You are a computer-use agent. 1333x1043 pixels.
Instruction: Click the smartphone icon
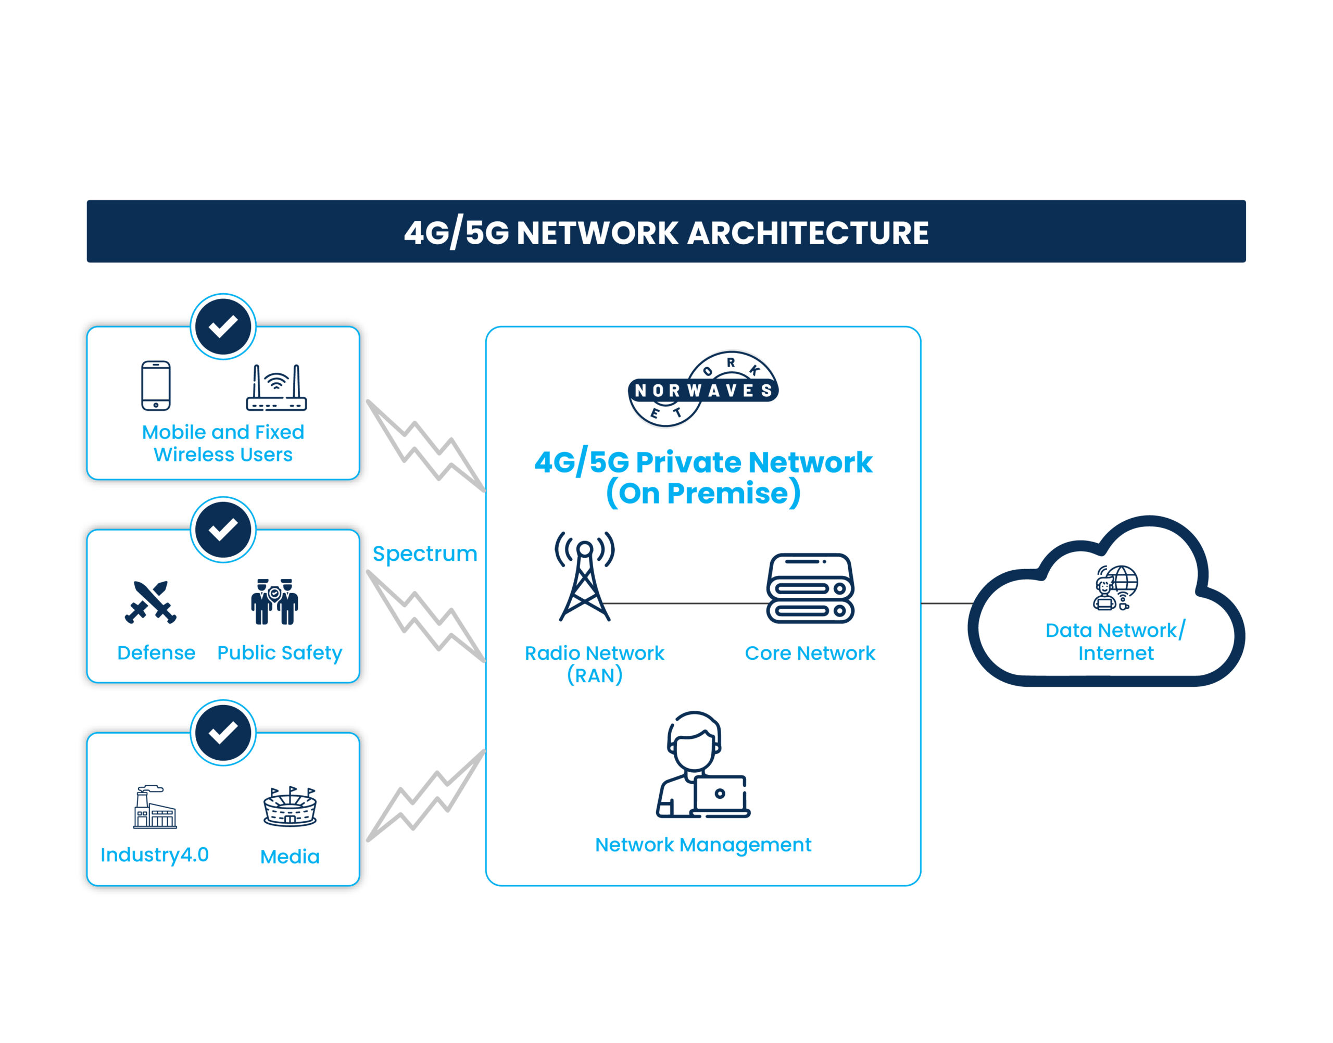(156, 385)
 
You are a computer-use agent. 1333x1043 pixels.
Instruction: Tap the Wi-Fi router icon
(276, 388)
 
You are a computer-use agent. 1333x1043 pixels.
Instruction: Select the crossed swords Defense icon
(150, 602)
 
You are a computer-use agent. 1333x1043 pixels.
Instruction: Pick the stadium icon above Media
(290, 807)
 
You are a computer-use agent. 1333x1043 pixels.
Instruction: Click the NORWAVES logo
(703, 389)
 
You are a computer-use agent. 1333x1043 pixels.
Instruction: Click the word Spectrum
(424, 554)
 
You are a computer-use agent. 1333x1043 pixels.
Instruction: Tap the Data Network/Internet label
(1115, 641)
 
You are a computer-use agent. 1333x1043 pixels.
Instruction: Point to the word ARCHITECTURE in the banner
(809, 233)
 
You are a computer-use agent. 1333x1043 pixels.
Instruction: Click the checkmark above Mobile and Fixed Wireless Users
(223, 326)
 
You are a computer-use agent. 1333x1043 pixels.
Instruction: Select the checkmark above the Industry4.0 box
(223, 733)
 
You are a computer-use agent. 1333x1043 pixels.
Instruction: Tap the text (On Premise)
(703, 494)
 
